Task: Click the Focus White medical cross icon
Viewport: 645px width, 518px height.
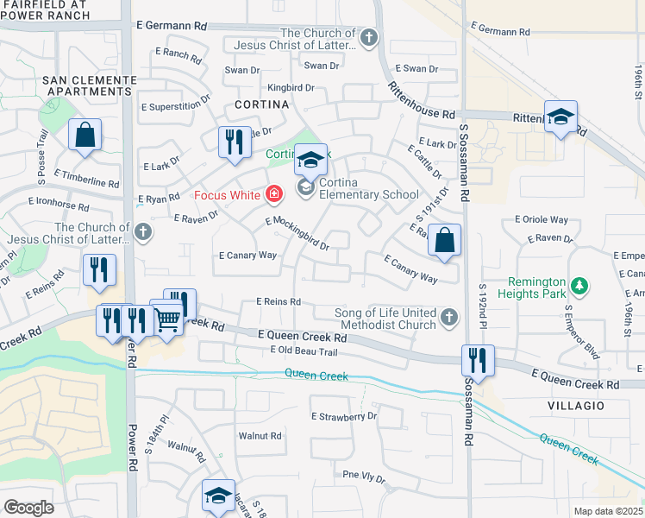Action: coord(274,194)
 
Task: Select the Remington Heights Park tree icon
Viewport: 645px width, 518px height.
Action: coord(580,285)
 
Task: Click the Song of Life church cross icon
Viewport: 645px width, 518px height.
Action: coord(448,318)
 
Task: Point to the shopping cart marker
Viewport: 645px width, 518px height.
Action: coord(167,319)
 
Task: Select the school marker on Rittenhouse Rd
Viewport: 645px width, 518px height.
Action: coord(560,117)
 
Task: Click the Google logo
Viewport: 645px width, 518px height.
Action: coord(28,508)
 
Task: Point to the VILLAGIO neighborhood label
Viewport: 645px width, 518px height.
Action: coord(574,405)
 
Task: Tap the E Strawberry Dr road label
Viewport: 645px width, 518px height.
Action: coord(345,416)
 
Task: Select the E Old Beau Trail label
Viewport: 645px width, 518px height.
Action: coord(303,351)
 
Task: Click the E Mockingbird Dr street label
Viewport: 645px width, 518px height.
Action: coord(298,233)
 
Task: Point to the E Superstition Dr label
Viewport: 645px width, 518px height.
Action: coord(177,107)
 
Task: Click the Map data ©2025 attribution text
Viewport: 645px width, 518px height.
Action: coord(609,511)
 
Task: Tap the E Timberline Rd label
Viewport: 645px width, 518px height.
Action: coord(89,182)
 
